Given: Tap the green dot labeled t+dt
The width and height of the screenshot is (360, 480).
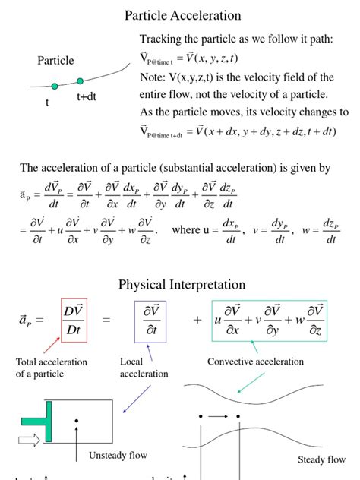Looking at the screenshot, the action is tap(80, 81).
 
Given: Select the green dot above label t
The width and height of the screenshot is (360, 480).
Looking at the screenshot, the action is tap(54, 87).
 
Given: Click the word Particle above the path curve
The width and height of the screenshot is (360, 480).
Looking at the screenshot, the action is tap(55, 61).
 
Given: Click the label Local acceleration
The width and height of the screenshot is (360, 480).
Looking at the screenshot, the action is tap(144, 368).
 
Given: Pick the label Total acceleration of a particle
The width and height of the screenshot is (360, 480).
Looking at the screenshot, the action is tap(52, 368).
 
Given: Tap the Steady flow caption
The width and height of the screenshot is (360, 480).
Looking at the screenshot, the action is tap(321, 459).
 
